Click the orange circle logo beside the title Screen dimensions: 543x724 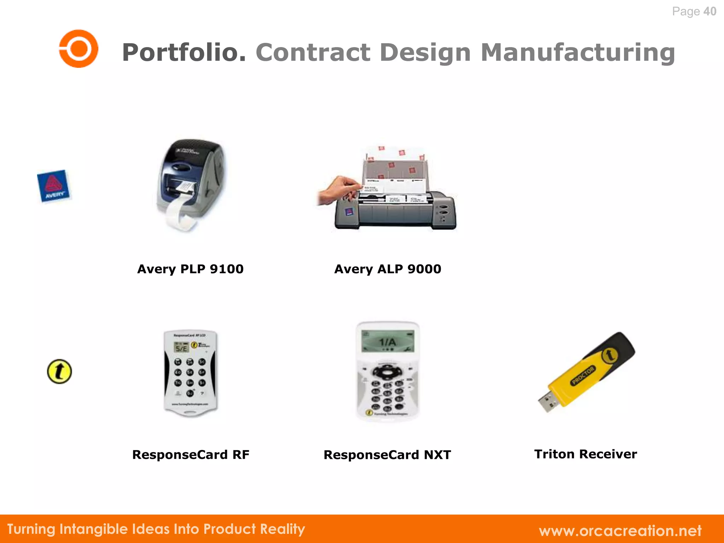(78, 48)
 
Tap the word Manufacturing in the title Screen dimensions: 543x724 (578, 52)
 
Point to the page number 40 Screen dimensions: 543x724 (710, 11)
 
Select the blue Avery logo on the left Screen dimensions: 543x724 (53, 186)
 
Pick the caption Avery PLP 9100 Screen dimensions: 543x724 (190, 269)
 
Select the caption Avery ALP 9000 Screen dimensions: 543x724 (387, 269)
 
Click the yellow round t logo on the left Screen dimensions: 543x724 (59, 372)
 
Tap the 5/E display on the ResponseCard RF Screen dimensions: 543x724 (181, 348)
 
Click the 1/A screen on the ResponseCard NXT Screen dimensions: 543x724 (387, 342)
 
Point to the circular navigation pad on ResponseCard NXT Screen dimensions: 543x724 (387, 372)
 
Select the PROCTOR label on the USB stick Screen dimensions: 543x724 (584, 375)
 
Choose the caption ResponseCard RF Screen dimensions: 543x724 (191, 455)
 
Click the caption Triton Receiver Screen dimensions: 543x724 (585, 454)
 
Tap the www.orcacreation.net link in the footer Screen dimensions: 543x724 (620, 531)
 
